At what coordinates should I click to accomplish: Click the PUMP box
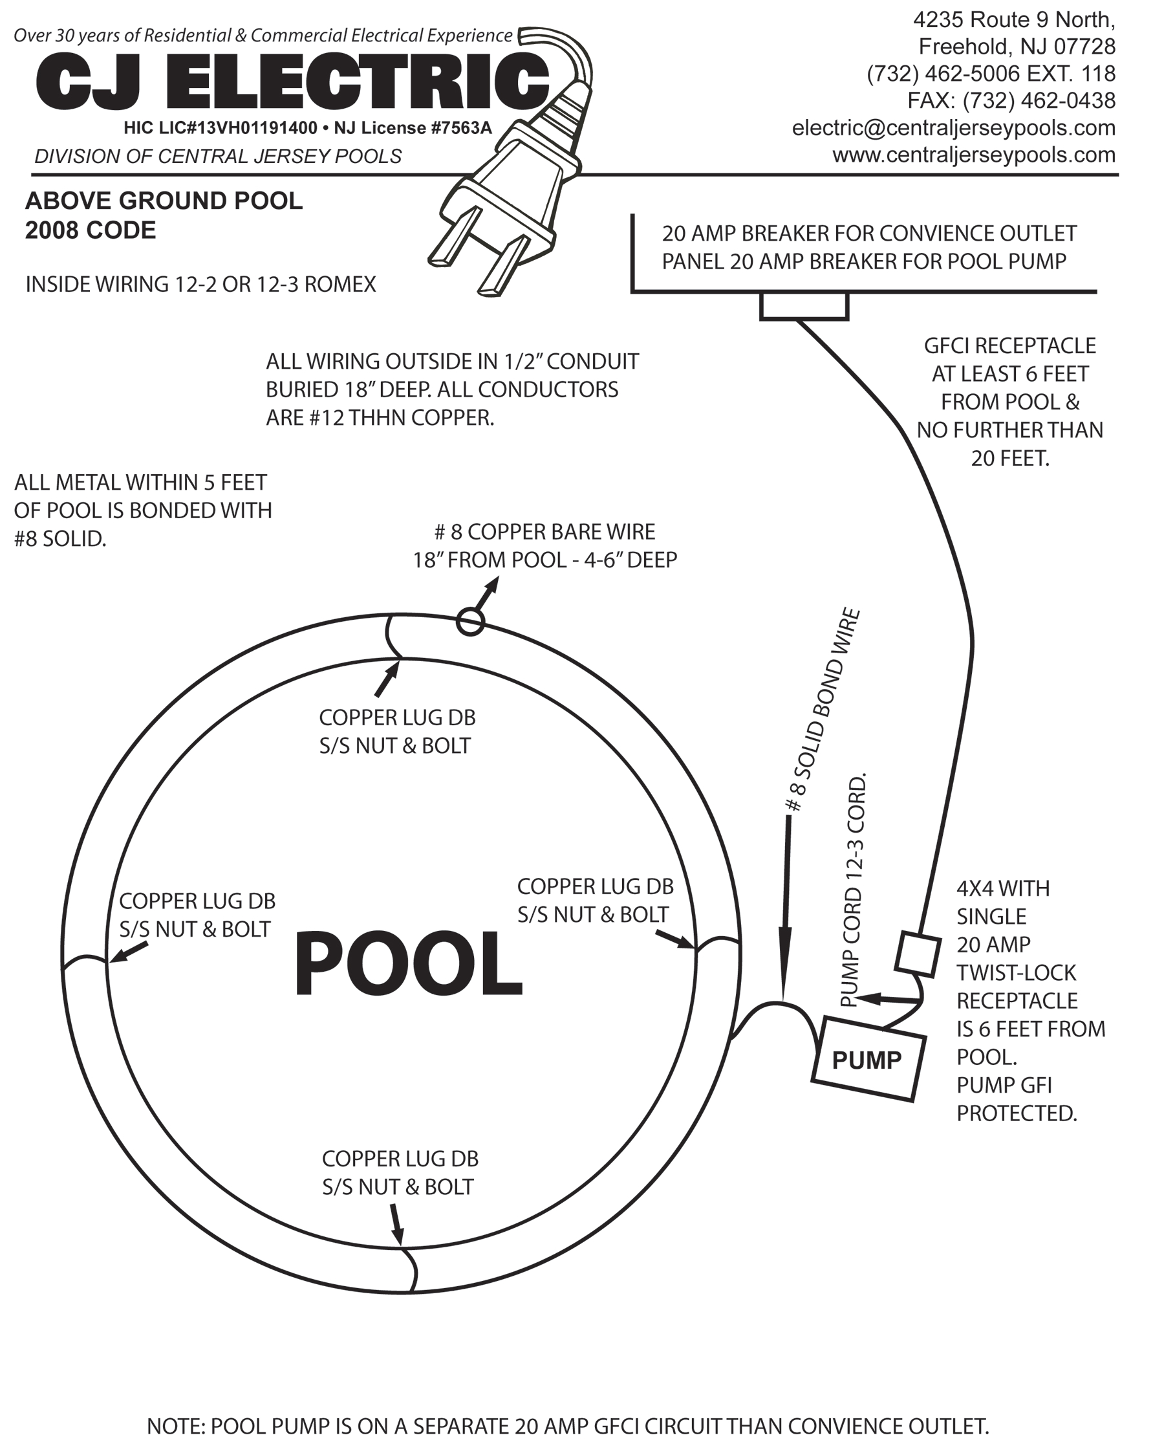[868, 1060]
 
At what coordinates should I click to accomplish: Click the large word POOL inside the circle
[407, 965]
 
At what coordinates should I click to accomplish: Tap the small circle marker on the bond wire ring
[470, 622]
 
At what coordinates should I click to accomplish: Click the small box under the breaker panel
[803, 307]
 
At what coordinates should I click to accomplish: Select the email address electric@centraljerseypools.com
[953, 127]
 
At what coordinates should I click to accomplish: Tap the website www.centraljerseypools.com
[974, 155]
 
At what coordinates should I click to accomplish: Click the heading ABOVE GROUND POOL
[164, 201]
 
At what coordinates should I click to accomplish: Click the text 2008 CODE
[91, 230]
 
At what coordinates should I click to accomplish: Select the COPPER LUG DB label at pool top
[397, 717]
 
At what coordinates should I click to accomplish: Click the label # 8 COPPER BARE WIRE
[544, 532]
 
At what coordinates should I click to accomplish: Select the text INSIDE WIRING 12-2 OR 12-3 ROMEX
[200, 285]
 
